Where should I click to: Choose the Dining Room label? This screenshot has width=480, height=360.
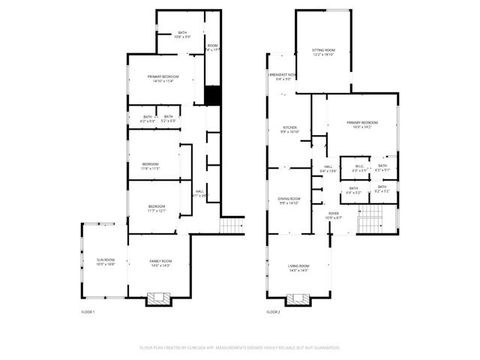289,200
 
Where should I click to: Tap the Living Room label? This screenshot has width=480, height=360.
298,268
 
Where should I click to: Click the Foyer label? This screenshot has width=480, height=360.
334,214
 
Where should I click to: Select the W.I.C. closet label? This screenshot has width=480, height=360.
359,168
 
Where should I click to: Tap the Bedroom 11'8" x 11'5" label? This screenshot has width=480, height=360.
150,166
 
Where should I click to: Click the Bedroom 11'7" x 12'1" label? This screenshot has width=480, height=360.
156,208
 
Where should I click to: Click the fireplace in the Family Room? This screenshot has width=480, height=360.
159,298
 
